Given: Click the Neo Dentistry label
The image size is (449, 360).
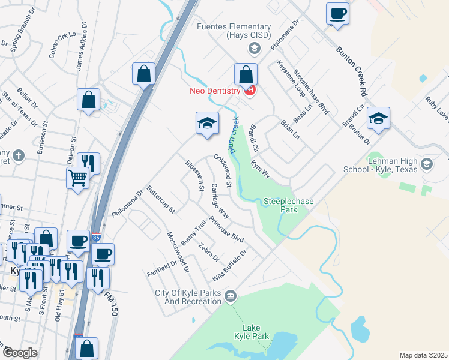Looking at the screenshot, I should point(214,91).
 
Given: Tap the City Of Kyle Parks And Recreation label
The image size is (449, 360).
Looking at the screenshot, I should point(188,297).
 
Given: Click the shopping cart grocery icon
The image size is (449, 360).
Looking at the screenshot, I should point(78,177).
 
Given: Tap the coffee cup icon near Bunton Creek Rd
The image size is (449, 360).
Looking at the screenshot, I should point(338,13).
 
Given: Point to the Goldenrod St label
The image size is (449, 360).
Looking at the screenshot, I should point(222,172).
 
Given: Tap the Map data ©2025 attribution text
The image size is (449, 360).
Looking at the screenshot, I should point(423,355).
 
